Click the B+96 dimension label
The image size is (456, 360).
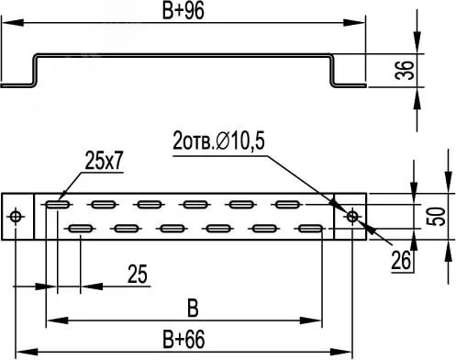coord(183,11)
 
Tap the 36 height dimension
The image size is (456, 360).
coord(405,70)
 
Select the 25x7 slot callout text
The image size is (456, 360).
coord(104,161)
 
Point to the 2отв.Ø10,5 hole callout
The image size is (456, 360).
coord(218,141)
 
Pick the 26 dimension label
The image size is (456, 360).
coord(401,261)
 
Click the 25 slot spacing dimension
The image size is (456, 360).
coord(138,274)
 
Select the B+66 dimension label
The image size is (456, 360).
coord(184,339)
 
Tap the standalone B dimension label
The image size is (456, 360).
coord(193,309)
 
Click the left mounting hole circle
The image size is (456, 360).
coord(17,217)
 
